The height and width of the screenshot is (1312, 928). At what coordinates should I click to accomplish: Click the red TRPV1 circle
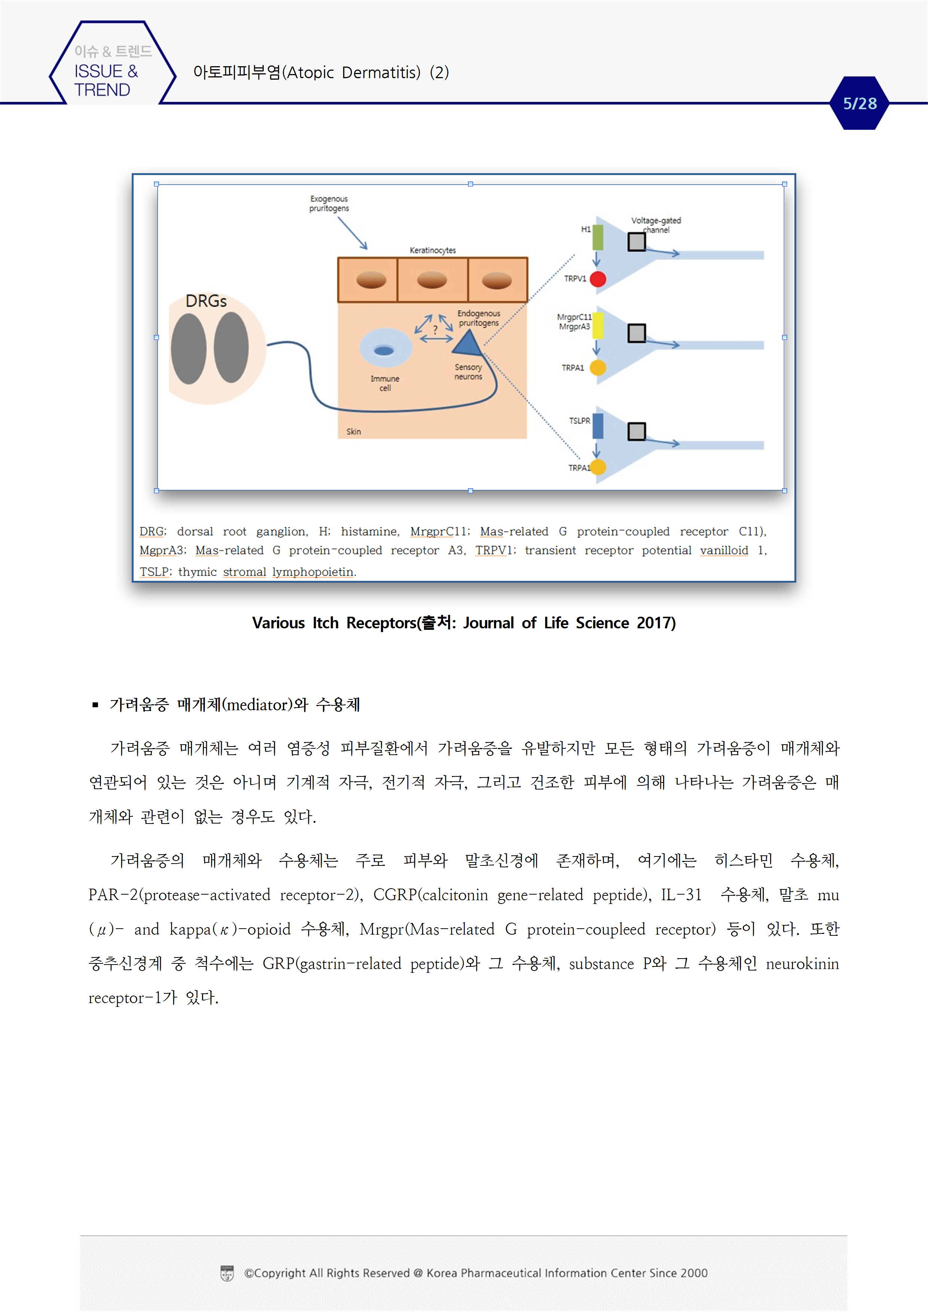point(598,279)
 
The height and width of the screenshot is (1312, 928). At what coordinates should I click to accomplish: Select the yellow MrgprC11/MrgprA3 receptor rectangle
point(598,326)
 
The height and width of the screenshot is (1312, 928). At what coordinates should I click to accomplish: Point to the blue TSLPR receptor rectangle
point(598,426)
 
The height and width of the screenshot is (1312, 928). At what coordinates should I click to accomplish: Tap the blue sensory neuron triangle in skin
point(468,343)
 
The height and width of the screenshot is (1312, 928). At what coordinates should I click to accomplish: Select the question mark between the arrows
point(435,329)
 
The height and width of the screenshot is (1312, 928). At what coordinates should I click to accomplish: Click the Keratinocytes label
point(433,250)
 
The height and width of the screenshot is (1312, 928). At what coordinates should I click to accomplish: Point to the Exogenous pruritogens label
point(329,203)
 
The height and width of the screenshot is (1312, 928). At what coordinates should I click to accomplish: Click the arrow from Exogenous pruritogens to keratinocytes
point(352,233)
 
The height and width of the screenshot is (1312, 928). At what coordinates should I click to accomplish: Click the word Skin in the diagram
point(353,432)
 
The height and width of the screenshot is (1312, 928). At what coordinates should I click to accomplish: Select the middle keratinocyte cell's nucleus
point(432,280)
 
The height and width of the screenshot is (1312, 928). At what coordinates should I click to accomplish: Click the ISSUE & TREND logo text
point(106,80)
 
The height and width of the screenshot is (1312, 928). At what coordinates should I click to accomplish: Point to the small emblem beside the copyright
point(227,1273)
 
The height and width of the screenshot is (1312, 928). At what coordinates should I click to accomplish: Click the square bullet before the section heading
point(95,705)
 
